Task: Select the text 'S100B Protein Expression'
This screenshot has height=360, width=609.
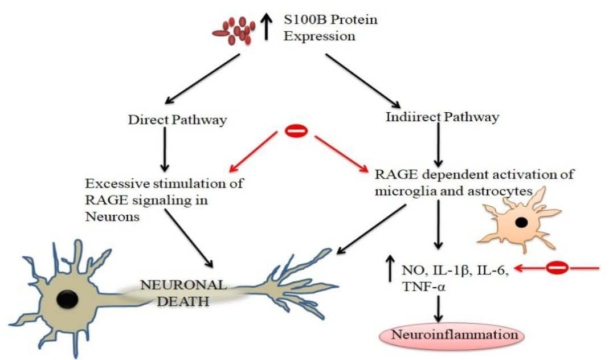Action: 330,28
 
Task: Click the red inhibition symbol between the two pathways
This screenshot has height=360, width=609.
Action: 296,132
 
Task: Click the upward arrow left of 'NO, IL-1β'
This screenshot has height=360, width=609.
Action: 391,268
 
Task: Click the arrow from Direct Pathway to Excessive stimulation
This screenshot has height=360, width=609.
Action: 164,151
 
